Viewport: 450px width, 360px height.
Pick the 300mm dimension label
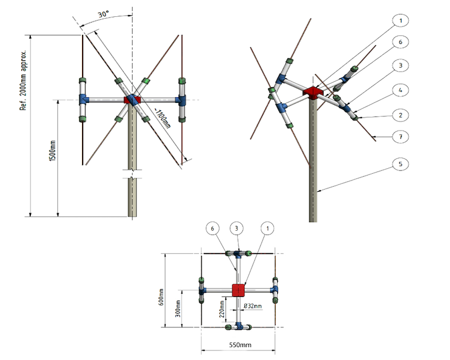[178, 309]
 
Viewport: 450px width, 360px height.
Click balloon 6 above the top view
[213, 228]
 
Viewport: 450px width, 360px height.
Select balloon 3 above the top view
[238, 228]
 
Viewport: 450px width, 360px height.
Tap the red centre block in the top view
[239, 290]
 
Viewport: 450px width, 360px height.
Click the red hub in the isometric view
[311, 92]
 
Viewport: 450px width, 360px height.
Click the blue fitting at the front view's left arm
[84, 100]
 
